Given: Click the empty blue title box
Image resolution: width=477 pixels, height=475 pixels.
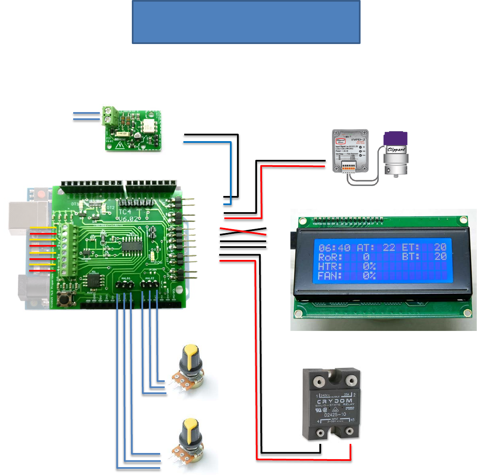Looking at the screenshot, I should pos(246,22).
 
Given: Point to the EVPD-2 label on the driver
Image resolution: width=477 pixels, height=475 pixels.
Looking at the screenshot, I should pos(358,140).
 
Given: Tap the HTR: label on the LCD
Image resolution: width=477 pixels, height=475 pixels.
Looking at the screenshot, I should pos(330,266).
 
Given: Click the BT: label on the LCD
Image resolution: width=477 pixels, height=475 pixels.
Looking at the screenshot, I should pos(411,257).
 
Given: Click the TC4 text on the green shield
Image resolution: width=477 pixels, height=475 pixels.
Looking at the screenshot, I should pos(125,212).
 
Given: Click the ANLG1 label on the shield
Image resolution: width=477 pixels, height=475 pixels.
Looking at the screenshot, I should pos(126,278).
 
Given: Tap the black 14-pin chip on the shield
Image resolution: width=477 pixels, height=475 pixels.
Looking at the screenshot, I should pos(133,246).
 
